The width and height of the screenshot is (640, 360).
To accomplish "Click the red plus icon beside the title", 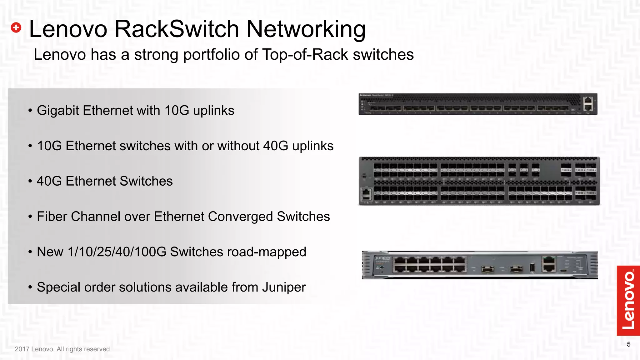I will click(16, 27).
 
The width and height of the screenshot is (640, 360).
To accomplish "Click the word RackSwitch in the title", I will click(177, 29).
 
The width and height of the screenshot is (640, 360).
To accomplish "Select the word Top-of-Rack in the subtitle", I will click(305, 55).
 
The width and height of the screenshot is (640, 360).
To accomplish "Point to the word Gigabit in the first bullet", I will click(58, 111).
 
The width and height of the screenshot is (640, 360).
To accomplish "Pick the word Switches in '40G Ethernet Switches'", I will click(146, 181).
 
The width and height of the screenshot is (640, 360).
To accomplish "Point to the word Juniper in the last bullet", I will click(284, 287).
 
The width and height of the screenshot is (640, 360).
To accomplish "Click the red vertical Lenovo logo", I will click(628, 300).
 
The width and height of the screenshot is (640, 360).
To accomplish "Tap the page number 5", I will click(628, 344).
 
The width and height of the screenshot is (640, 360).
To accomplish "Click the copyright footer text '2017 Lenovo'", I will click(34, 349).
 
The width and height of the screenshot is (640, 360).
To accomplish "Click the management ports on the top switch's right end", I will click(588, 104).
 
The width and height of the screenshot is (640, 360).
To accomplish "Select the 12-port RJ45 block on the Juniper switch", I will click(430, 264).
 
